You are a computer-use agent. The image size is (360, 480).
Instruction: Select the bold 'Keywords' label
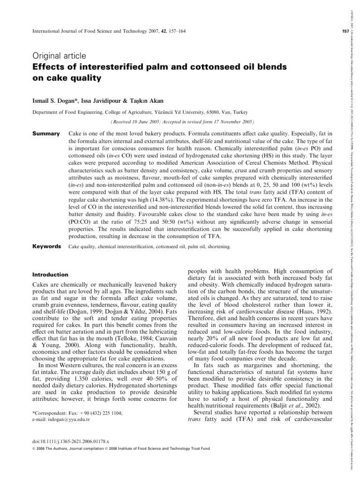pos(46,246)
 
